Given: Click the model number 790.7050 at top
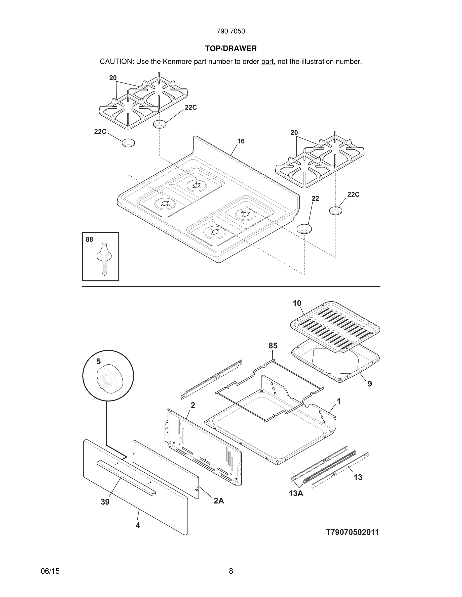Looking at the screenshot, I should pos(231,31).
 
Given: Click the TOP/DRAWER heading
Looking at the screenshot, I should pos(231,48).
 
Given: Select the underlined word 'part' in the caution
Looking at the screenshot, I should pos(267,62).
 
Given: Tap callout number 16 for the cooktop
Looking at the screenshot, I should pos(241,141).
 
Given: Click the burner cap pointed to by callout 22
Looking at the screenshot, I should pos(304,228).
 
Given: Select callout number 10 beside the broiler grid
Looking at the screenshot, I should pos(297,304).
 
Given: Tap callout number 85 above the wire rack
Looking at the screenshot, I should pos(273,346).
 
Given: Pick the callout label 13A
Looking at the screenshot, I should pos(296,494).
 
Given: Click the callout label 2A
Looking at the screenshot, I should pos(219,501).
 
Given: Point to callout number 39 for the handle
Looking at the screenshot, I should pos(105,502).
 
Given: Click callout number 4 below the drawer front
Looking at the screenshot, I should pos(138,525).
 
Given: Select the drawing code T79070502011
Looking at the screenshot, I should pos(352,532).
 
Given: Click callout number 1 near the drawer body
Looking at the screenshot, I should pos(338,402).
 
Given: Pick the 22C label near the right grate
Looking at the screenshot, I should pos(353,195).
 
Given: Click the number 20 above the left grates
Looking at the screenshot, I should pos(113,78).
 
